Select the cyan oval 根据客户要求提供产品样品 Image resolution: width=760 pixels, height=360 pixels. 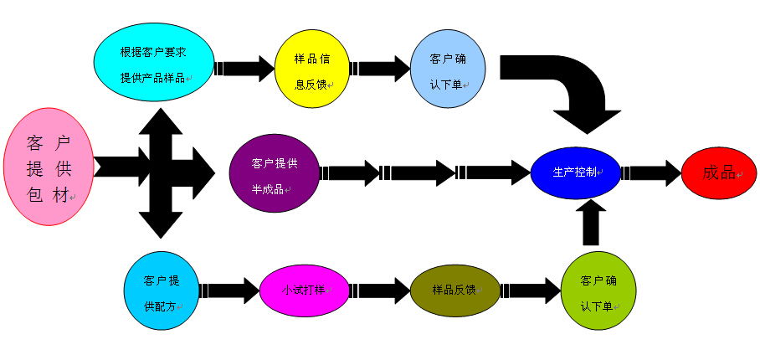pyautogui.click(x=154, y=63)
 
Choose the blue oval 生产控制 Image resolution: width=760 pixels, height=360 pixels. pyautogui.click(x=575, y=172)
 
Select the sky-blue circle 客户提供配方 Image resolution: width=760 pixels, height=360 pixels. pyautogui.click(x=162, y=291)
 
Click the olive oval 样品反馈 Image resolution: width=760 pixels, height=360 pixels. pyautogui.click(x=454, y=290)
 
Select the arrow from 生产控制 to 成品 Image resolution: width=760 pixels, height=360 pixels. pyautogui.click(x=651, y=172)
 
